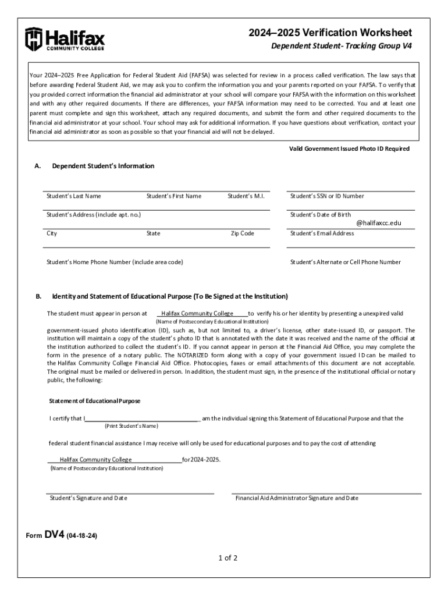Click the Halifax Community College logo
(x=65, y=39)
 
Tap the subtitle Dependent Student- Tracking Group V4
(x=342, y=47)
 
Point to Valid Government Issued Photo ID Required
(x=349, y=148)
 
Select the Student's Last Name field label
(x=74, y=196)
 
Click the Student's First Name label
(x=174, y=196)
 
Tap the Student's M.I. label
(x=246, y=196)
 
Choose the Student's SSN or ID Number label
(x=327, y=196)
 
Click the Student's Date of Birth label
(x=321, y=215)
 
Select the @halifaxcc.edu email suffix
(x=379, y=223)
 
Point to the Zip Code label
(x=242, y=233)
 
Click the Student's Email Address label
(x=322, y=233)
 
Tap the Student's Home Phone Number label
(x=115, y=262)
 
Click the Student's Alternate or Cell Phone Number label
(x=346, y=262)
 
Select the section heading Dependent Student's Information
(x=103, y=166)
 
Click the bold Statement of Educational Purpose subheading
(x=94, y=401)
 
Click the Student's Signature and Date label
(x=88, y=498)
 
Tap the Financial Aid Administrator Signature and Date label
(x=297, y=498)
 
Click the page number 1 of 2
(x=228, y=558)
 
